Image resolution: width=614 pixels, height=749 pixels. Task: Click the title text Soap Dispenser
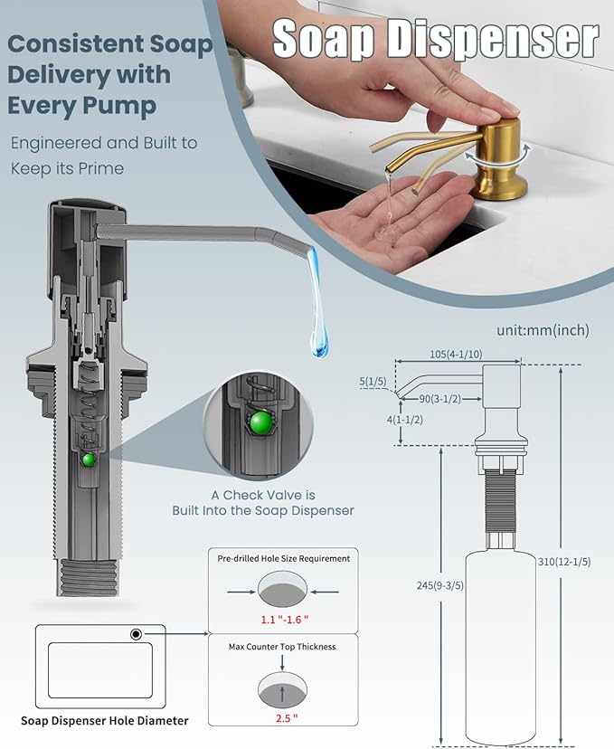click(x=435, y=39)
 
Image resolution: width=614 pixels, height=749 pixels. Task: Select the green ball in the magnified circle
click(x=262, y=423)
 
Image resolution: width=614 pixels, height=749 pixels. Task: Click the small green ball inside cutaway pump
click(x=89, y=460)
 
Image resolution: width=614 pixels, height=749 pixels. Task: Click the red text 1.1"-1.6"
click(x=284, y=621)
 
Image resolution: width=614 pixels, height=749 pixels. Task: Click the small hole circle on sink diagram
click(x=136, y=634)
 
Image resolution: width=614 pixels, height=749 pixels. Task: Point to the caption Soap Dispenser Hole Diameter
click(x=105, y=720)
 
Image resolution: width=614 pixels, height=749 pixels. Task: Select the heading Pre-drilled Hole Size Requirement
click(x=284, y=558)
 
